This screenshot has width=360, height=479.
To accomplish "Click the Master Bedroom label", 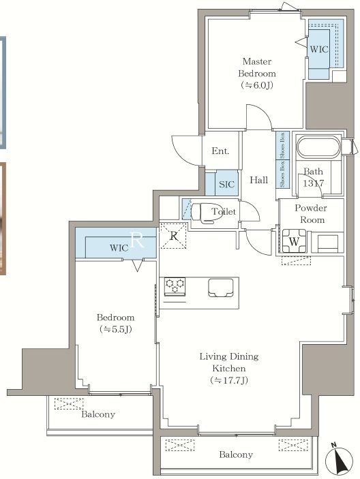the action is (257, 67).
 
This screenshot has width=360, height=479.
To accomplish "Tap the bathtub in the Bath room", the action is (318, 148).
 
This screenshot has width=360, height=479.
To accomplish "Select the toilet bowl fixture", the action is (202, 211).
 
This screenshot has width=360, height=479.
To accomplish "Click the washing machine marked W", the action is (294, 241).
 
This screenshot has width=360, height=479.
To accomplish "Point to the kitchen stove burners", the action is (175, 286).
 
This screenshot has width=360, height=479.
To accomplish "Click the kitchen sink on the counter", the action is (221, 288).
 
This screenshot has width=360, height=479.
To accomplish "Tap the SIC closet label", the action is (226, 184).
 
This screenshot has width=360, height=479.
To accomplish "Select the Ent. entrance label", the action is (220, 151).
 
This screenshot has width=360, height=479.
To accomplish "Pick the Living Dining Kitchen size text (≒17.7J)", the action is (229, 380).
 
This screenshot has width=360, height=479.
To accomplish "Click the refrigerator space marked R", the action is (173, 236).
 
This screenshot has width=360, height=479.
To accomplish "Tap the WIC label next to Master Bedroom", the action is (319, 49).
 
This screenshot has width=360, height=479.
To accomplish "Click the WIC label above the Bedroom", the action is (119, 247).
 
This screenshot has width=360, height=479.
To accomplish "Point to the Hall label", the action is (258, 180).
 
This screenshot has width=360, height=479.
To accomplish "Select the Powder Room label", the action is (311, 214).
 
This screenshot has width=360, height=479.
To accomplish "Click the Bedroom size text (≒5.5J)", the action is (116, 329).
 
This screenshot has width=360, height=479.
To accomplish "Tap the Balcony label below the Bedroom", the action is (98, 414).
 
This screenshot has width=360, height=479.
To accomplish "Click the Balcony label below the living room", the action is (236, 454).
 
